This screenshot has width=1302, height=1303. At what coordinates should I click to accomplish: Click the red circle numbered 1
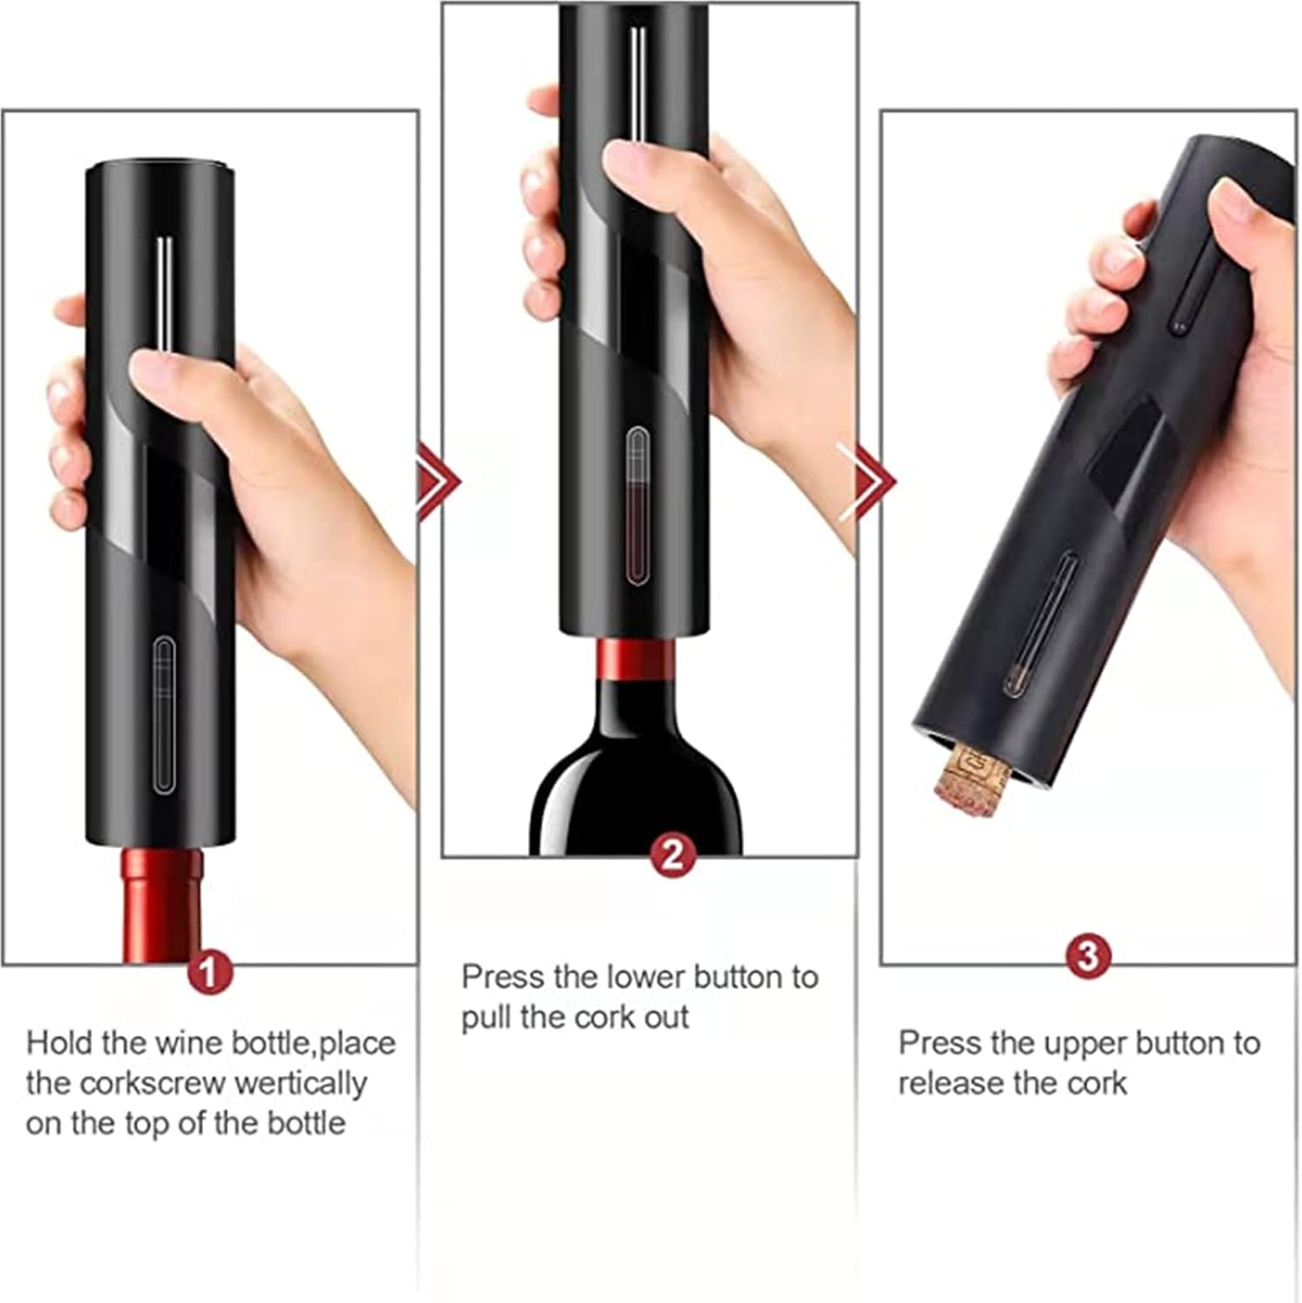point(209,971)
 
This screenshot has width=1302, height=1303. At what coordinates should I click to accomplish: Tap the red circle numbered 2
point(672,856)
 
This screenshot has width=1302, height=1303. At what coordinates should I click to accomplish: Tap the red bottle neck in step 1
point(162,903)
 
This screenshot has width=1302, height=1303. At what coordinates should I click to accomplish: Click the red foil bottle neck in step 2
point(636,660)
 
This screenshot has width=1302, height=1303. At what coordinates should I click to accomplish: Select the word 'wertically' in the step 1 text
point(301,1083)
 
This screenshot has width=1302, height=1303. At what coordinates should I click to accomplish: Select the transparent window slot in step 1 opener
point(163,715)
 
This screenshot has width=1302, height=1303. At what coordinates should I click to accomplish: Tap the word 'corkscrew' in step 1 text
point(158,1083)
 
